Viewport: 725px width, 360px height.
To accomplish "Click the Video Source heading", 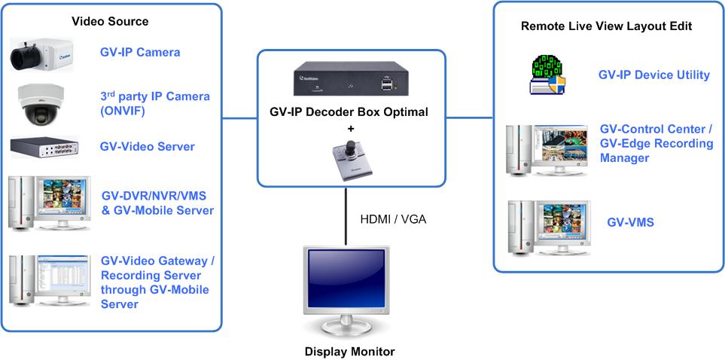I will (x=110, y=21).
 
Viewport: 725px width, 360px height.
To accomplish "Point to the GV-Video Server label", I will (x=147, y=147).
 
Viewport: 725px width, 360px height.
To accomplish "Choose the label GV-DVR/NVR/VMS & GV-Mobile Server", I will (x=157, y=203).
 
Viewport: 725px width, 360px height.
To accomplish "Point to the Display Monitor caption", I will (x=349, y=351).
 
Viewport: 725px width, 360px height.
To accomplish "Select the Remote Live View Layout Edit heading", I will (x=606, y=26).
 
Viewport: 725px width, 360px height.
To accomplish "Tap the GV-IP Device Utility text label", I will (x=653, y=75).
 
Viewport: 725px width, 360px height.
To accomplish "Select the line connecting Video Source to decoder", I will (x=240, y=117).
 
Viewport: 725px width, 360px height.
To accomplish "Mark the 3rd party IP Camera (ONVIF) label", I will (x=154, y=104).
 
